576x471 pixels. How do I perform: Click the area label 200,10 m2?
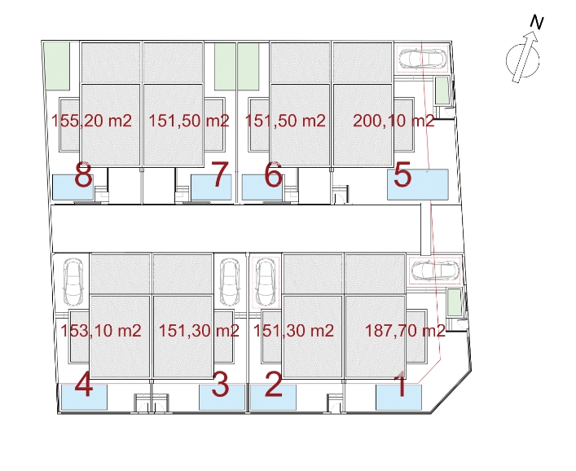(x=394, y=121)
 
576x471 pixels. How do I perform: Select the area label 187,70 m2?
(x=405, y=331)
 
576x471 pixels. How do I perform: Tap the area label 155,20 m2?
(x=91, y=121)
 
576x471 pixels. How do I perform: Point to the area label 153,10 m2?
(x=101, y=331)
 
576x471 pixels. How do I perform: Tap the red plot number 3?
(x=221, y=385)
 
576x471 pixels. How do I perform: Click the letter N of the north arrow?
(x=537, y=23)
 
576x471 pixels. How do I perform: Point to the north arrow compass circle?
(x=506, y=60)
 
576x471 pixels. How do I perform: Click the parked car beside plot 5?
(x=423, y=59)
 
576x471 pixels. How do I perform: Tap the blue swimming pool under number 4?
(x=84, y=397)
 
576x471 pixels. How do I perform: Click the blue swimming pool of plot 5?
(x=418, y=184)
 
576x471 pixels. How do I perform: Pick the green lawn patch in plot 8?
(x=57, y=66)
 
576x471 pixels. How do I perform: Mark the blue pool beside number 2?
(x=273, y=398)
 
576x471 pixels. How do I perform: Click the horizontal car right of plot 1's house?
(x=435, y=271)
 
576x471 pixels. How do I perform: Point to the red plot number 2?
(x=274, y=385)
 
